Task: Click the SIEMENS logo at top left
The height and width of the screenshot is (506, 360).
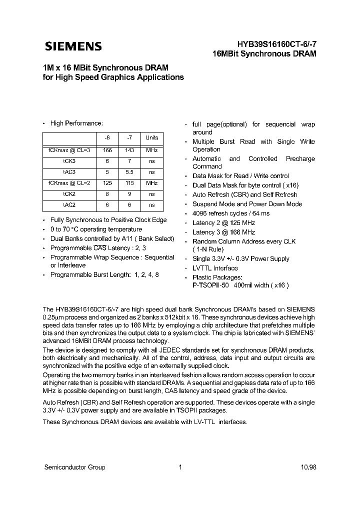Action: click(x=73, y=46)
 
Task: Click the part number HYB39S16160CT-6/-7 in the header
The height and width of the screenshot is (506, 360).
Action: click(x=273, y=44)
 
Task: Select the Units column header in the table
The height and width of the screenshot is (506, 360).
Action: click(x=151, y=137)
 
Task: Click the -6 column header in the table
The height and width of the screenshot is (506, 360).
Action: click(x=107, y=137)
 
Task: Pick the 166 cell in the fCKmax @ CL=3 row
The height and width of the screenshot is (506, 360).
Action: click(x=107, y=150)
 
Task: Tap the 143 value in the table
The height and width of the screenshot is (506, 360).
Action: click(x=129, y=150)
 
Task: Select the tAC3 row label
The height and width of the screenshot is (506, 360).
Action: click(x=69, y=172)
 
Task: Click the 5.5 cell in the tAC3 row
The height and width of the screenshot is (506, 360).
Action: click(x=129, y=172)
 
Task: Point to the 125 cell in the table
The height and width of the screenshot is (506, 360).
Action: click(x=107, y=183)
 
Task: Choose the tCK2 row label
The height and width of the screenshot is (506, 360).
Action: click(x=69, y=194)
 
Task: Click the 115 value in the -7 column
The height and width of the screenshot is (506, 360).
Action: click(x=129, y=183)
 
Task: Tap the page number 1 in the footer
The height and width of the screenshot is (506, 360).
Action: click(x=179, y=467)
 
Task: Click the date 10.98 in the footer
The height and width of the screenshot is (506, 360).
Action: click(x=308, y=467)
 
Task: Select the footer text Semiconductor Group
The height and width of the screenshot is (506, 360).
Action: click(x=74, y=467)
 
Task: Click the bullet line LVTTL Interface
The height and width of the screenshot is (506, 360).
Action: click(x=215, y=268)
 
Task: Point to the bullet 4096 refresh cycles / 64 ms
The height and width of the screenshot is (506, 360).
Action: click(x=230, y=213)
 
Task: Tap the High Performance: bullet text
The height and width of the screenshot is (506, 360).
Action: click(x=76, y=123)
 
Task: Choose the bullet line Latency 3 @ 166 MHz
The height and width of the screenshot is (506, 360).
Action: click(x=223, y=232)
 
